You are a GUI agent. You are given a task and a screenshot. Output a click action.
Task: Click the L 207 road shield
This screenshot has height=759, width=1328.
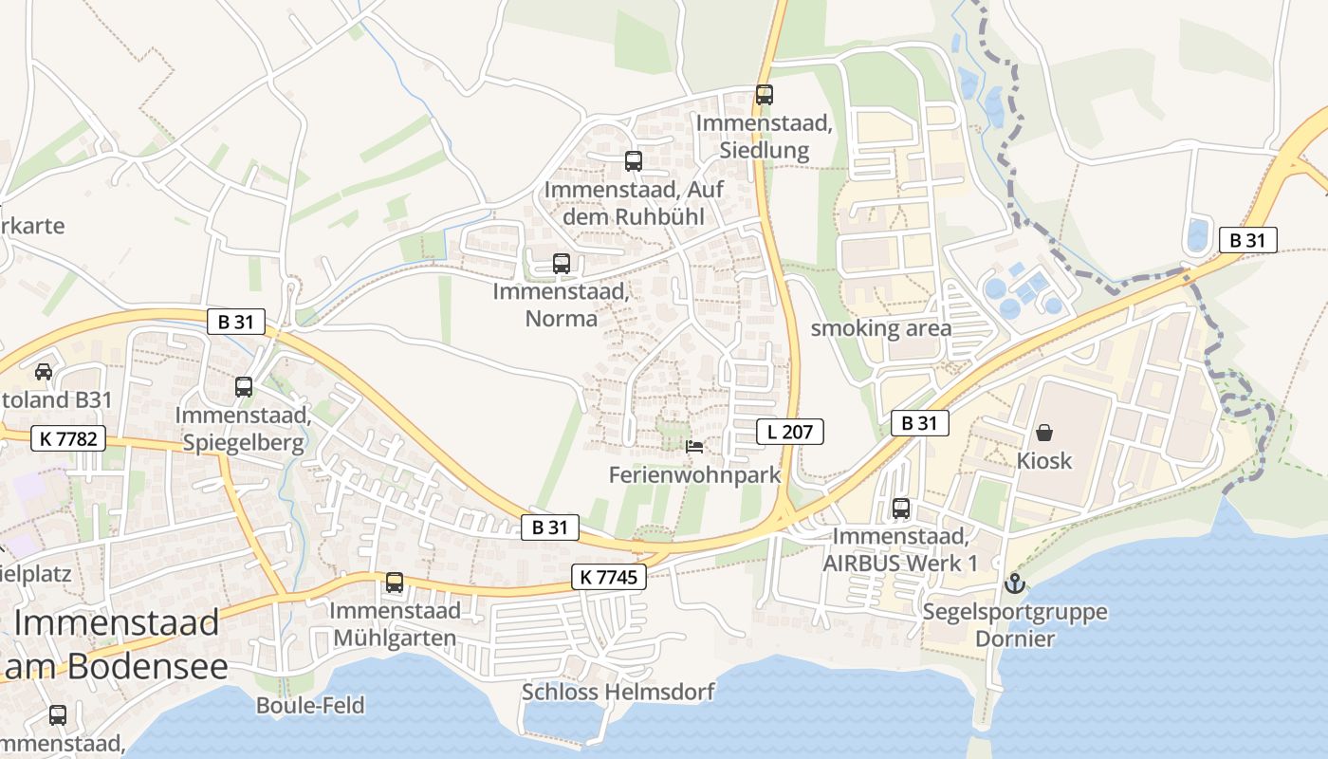pos(790,433)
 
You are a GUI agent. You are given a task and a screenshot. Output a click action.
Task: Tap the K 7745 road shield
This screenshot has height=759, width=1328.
pos(609,576)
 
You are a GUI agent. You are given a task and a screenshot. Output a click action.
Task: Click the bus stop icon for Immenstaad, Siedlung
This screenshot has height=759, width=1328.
pos(765,95)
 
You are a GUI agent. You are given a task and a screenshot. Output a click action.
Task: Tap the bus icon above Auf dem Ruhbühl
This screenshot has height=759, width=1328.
pos(634,161)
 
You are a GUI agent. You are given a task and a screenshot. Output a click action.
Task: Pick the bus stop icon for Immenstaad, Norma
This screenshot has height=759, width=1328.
pos(562,264)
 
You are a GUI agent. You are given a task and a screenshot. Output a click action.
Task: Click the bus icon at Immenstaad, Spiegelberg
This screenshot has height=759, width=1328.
pos(244,387)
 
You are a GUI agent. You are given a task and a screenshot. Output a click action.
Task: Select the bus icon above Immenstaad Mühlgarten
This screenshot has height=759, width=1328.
pos(395,583)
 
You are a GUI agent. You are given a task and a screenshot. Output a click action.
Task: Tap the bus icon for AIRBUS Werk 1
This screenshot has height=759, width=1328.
pos(901,509)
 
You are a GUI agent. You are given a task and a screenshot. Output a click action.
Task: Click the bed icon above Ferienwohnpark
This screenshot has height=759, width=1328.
pos(695,446)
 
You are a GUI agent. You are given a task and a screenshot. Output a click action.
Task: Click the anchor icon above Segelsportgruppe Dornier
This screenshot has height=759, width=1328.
pos(1015,583)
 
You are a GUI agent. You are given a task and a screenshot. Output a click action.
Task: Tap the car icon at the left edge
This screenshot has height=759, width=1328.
pos(44,371)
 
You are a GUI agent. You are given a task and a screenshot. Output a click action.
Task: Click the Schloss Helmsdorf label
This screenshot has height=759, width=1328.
pos(618,692)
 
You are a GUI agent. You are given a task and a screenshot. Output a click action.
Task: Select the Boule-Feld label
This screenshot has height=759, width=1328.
pos(310,705)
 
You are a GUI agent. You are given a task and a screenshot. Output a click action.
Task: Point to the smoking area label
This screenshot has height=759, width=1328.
pos(880,328)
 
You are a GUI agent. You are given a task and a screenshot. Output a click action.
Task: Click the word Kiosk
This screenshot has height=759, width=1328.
pos(1044,460)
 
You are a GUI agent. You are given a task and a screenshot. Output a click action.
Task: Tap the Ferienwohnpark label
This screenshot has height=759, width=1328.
pos(695,474)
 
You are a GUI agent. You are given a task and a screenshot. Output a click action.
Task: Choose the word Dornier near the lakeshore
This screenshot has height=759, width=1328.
pos(1015,639)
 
